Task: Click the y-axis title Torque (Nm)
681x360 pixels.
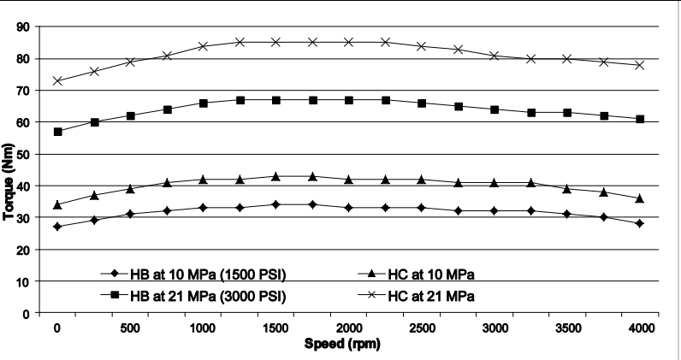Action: (x=9, y=182)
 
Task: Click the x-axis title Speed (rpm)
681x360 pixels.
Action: (x=342, y=344)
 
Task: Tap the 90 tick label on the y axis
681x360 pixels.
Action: (x=23, y=27)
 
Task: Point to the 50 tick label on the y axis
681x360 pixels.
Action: (x=23, y=154)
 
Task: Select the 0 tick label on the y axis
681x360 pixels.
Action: (x=27, y=313)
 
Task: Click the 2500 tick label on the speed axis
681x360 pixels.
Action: (x=422, y=328)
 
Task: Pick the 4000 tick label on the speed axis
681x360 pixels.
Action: (x=641, y=328)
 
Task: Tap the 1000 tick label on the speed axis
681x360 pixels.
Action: (x=204, y=328)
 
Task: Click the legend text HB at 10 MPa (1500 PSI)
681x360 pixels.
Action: (x=208, y=274)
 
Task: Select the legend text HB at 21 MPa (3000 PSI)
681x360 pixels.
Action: (x=208, y=296)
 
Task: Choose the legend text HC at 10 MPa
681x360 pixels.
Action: (x=431, y=274)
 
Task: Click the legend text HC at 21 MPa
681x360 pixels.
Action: (x=431, y=296)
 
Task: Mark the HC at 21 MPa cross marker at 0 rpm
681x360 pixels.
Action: (x=58, y=80)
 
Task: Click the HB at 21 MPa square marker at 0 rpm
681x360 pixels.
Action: (x=58, y=132)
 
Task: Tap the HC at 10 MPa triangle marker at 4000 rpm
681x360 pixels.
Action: (x=640, y=198)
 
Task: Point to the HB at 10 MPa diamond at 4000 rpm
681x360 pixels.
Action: (x=640, y=224)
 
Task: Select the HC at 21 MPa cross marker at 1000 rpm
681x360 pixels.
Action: (x=204, y=46)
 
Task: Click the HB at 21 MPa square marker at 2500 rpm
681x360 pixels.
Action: (x=422, y=103)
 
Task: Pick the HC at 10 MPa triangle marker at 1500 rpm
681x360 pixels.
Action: (x=276, y=176)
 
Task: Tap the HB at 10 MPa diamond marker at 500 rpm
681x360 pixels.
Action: (x=131, y=214)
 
